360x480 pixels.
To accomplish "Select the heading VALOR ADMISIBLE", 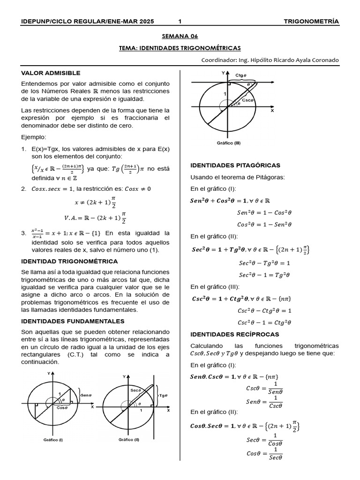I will click(51, 73).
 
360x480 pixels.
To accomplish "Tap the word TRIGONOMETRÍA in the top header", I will click(311, 22).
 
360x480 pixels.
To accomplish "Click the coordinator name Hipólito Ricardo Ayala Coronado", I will click(290, 60).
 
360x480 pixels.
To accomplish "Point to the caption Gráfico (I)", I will click(53, 440).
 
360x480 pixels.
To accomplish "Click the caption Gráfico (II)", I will click(129, 440).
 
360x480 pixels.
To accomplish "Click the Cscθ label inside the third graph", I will click(247, 100).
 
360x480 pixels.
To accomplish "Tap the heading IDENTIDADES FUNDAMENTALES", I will click(73, 321).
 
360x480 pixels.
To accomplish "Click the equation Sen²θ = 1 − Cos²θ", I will click(264, 212).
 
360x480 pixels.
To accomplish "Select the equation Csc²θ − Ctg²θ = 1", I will click(264, 310).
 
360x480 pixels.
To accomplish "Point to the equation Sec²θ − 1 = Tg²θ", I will click(264, 275).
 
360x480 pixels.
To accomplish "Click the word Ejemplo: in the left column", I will click(34, 137).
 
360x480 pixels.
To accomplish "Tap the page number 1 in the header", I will click(180, 22).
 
